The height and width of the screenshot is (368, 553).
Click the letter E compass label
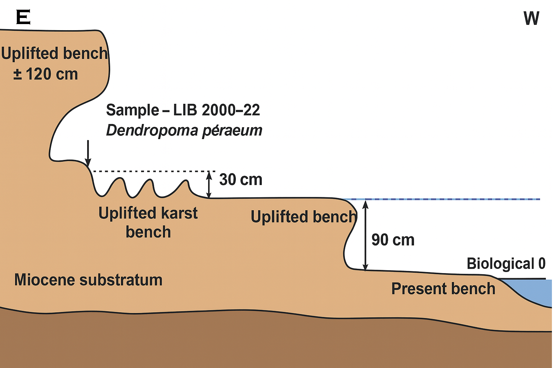point(23,17)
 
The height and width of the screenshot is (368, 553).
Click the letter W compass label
point(531,18)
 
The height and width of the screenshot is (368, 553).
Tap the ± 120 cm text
point(46,74)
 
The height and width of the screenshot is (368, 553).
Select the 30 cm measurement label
point(240,179)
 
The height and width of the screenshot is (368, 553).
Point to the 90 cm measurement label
point(393,240)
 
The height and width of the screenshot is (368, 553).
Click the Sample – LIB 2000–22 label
point(183,110)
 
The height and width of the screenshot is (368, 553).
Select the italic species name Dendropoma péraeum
point(184,130)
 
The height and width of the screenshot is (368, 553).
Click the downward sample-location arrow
point(87,153)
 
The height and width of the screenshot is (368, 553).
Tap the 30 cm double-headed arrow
point(208,185)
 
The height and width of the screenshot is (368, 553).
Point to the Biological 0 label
point(506,263)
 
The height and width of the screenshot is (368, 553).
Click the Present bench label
point(443,289)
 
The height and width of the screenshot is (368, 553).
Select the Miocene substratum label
point(88,280)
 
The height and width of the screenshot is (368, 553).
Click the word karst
point(179,213)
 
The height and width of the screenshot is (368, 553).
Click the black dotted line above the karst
point(151,171)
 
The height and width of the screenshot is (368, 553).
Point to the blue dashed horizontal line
point(450,199)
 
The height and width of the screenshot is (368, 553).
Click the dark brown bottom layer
point(252,341)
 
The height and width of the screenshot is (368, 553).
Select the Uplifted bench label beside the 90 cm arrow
point(303,217)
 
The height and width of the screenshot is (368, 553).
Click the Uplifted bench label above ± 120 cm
point(54,54)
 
